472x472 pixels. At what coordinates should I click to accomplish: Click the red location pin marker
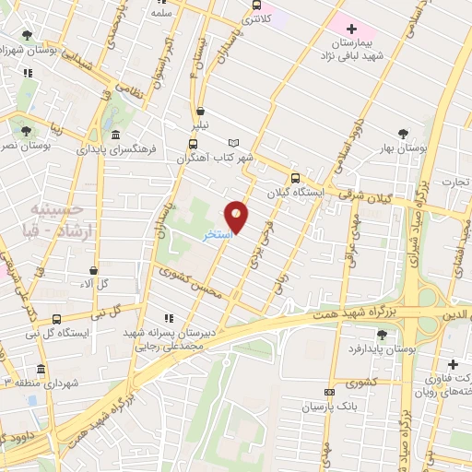pyautogui.click(x=237, y=217)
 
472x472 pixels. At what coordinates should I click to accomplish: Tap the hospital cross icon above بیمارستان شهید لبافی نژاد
pyautogui.click(x=351, y=29)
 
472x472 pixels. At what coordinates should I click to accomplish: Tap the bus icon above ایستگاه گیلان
pyautogui.click(x=295, y=179)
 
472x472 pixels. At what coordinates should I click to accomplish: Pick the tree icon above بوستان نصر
pyautogui.click(x=26, y=131)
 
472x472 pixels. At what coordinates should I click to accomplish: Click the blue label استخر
pyautogui.click(x=218, y=235)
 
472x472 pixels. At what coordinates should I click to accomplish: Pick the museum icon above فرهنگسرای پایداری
pyautogui.click(x=114, y=135)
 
